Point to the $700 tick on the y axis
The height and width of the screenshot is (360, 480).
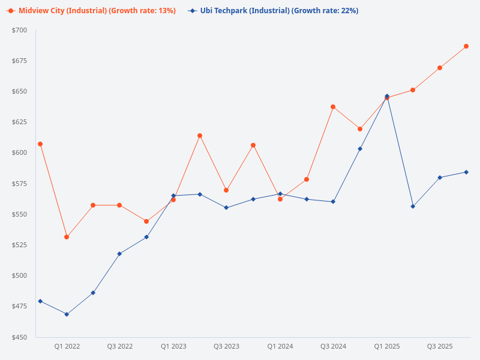click(19, 30)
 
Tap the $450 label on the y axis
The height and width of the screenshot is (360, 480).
click(19, 337)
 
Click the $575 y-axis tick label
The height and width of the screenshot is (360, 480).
click(19, 184)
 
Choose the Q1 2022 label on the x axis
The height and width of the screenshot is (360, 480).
click(67, 347)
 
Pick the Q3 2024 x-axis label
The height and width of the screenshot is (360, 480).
click(333, 347)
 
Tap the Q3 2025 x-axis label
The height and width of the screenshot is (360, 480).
click(440, 347)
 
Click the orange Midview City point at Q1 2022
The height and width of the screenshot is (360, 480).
click(67, 237)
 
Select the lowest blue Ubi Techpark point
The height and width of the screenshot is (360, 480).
click(67, 314)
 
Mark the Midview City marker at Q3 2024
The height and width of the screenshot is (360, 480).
click(333, 107)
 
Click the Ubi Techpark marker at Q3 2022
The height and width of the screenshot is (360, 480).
click(119, 254)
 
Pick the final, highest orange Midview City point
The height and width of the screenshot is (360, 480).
click(466, 46)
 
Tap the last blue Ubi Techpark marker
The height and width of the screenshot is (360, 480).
click(466, 172)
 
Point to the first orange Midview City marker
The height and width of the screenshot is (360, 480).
click(40, 144)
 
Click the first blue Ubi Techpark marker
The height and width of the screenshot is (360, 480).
click(40, 301)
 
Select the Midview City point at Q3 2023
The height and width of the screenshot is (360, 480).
click(226, 190)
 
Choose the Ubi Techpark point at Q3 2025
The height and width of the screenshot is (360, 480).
click(440, 178)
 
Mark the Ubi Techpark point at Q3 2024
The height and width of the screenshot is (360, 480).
click(333, 202)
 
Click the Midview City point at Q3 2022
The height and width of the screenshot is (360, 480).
click(119, 205)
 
